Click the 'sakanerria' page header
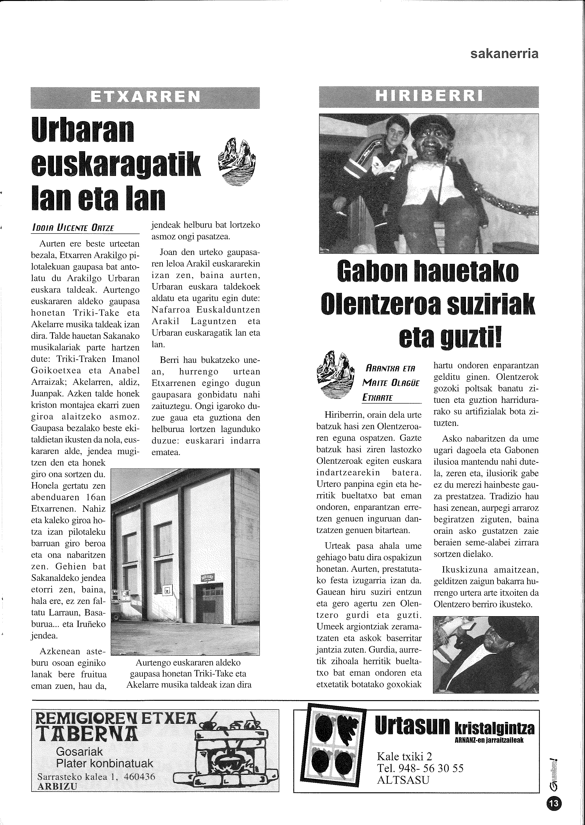click(504, 54)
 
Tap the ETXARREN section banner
click(145, 97)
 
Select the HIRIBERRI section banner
click(429, 96)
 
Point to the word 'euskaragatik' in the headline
click(116, 164)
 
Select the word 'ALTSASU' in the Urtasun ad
click(403, 780)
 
